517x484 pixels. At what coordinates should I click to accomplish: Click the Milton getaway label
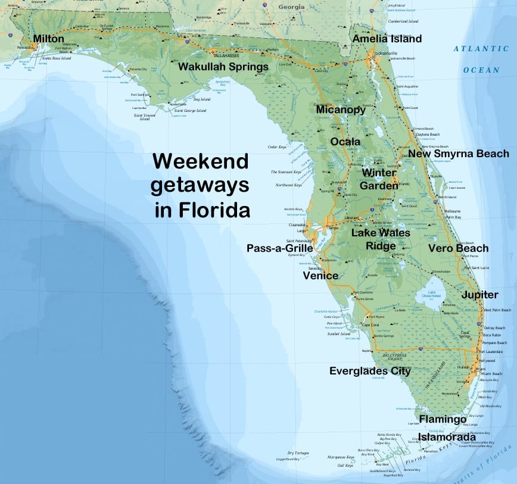coord(48,39)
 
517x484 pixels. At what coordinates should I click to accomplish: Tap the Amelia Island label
coord(387,39)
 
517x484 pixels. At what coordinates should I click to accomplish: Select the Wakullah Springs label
coord(223,67)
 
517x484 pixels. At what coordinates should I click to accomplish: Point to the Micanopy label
coord(341,110)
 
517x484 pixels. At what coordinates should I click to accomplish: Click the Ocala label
coord(345,142)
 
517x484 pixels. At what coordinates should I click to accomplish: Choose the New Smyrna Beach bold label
coord(459,154)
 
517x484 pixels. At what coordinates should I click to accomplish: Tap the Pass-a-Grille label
coord(279,248)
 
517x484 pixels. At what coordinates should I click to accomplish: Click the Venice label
coord(320,276)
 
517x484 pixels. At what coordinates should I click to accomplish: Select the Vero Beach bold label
coord(459,248)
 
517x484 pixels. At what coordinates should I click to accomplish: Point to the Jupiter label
coord(480,295)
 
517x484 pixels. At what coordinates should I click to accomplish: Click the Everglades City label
coord(370,371)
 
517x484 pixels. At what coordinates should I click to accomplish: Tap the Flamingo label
coord(443,419)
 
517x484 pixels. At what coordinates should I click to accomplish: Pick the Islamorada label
coord(447,438)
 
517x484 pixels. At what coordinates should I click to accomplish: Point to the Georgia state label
coord(292,7)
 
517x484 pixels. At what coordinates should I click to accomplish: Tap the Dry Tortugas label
coord(298,453)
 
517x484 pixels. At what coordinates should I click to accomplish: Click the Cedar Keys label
coord(278,146)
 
